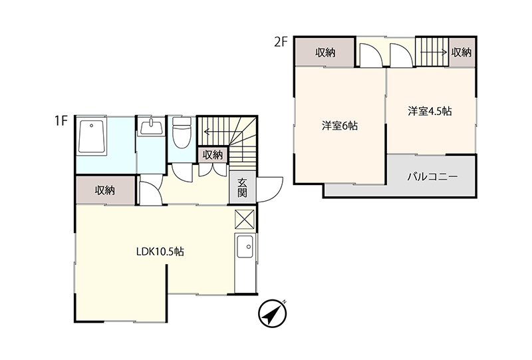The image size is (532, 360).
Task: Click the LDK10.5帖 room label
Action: (x=160, y=252)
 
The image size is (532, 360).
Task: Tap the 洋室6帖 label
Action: (x=340, y=126)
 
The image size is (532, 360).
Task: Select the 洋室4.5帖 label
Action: (x=430, y=111)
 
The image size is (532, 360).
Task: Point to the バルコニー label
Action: (x=433, y=176)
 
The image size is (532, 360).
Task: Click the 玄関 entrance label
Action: (x=242, y=188)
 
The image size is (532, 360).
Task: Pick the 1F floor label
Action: (x=61, y=120)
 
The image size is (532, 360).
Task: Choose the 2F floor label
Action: (x=281, y=42)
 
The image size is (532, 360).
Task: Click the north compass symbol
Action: (x=272, y=313)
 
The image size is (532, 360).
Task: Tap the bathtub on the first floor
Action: (x=91, y=136)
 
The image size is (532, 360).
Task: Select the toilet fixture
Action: (x=182, y=133)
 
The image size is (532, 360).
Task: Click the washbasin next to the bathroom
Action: (x=151, y=127)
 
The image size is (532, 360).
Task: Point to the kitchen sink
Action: (x=245, y=247)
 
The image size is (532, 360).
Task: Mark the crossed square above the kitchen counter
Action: (x=244, y=219)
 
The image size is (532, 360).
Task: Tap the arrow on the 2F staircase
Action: (x=434, y=52)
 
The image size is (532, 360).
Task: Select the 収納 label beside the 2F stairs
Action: (x=462, y=53)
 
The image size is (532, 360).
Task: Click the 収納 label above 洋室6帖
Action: (x=325, y=53)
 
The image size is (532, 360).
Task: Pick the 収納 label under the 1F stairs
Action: (x=213, y=155)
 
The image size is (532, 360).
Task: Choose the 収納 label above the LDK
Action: (x=105, y=190)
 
